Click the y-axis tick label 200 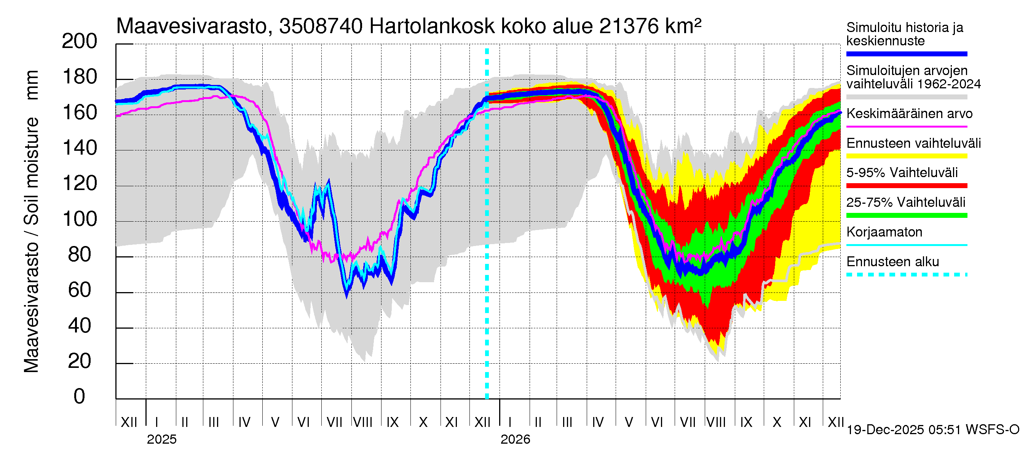click(80, 42)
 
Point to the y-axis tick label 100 click(80, 219)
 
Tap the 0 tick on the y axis click(80, 396)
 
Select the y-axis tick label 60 click(80, 290)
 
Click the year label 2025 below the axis click(161, 439)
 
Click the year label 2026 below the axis click(515, 439)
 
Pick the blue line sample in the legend click(906, 54)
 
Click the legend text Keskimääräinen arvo click(909, 114)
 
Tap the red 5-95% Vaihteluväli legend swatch click(906, 185)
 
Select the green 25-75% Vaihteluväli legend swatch click(906, 216)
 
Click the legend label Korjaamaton click(884, 232)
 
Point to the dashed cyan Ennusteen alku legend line click(906, 275)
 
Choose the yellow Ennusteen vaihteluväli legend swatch click(906, 156)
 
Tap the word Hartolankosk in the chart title click(432, 26)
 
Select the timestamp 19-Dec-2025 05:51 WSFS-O click(932, 430)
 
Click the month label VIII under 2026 click(716, 422)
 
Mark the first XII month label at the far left click(129, 422)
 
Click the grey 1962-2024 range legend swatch click(906, 97)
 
